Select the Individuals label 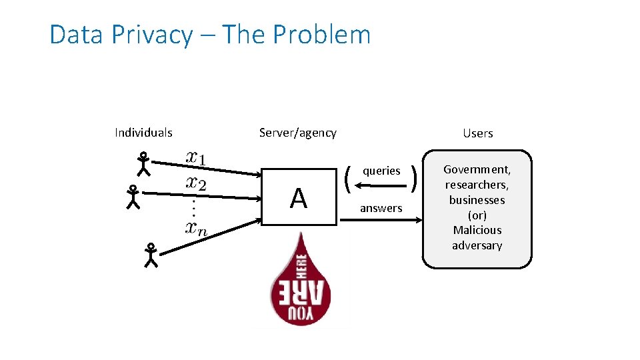tap(143, 133)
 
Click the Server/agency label tap(297, 133)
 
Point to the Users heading tap(477, 133)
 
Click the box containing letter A tap(299, 197)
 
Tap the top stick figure tap(143, 163)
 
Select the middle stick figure tap(133, 197)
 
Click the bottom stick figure tap(151, 255)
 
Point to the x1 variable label tap(196, 158)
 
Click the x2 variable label tap(196, 182)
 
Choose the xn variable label tap(196, 228)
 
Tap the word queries tap(381, 171)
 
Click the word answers tap(381, 209)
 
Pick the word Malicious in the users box tap(477, 230)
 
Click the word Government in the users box tap(477, 170)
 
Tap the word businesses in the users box tap(477, 200)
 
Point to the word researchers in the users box tap(477, 185)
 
